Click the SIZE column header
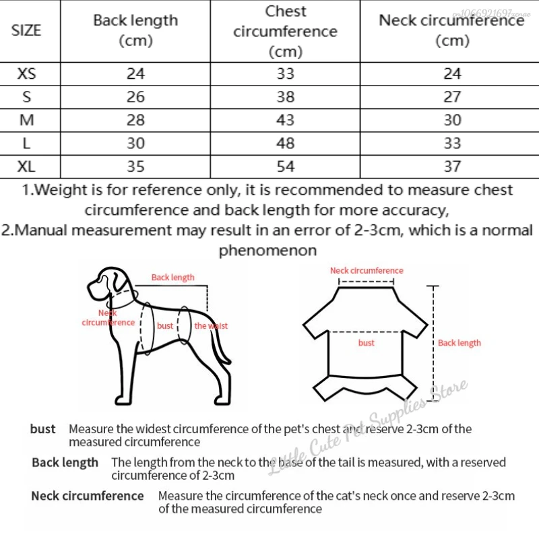(26, 30)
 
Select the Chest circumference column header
(285, 31)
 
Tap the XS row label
(26, 73)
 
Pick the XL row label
(26, 166)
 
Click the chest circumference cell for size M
(285, 120)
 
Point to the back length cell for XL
(135, 166)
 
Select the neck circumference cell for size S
(452, 97)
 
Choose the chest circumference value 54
(285, 166)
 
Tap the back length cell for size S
(135, 97)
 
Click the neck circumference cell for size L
(452, 143)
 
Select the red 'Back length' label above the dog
(172, 278)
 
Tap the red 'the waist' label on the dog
(211, 326)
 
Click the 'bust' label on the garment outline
(367, 343)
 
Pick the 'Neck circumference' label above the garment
(367, 271)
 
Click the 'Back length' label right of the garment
(459, 343)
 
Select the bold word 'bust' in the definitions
(43, 429)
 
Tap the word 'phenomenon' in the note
(267, 251)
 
